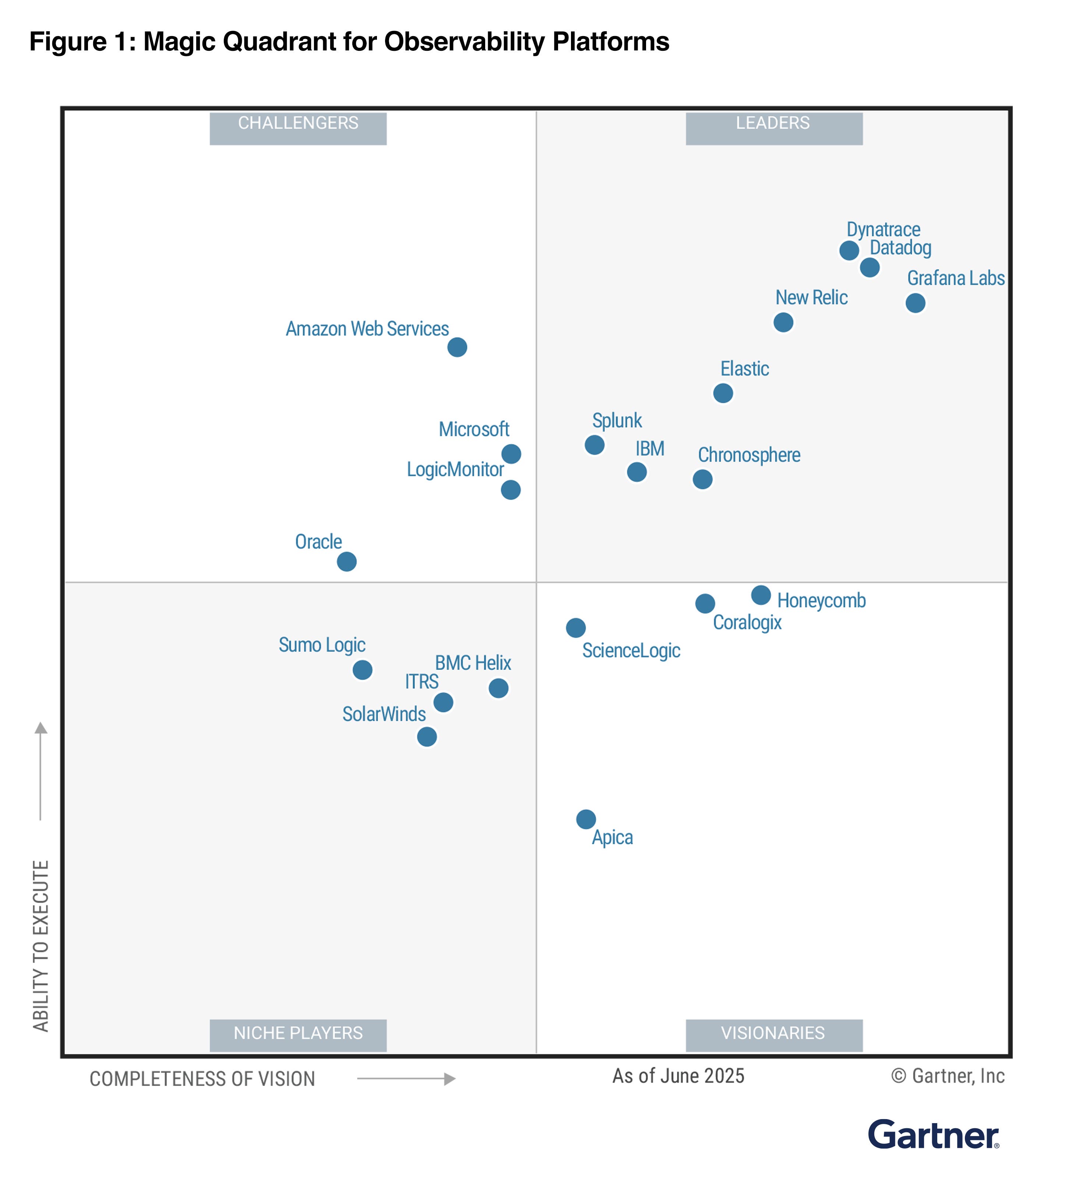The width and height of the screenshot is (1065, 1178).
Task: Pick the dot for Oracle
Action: coord(346,561)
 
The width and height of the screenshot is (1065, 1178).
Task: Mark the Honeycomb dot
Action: coord(760,595)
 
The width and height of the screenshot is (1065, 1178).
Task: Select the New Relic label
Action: coord(811,297)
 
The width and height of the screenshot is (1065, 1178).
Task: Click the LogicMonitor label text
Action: coord(455,469)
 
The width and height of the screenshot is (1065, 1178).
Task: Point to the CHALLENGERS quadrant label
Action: coord(298,123)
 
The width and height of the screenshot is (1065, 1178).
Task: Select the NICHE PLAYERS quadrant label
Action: coord(298,1033)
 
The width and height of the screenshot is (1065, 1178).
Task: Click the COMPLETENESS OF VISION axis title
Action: coord(202,1079)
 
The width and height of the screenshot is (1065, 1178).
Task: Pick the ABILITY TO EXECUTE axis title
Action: coord(40,945)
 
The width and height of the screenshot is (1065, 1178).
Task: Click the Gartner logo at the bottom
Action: coord(933,1135)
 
